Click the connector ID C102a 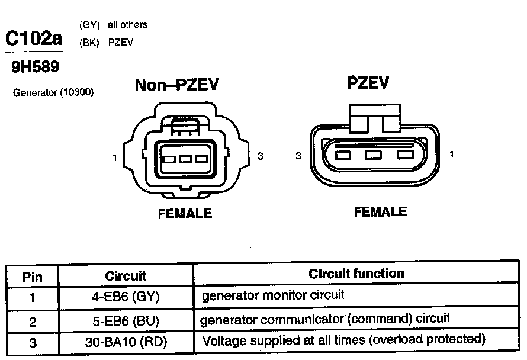34,38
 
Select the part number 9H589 36,67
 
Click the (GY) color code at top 89,25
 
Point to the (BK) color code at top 89,43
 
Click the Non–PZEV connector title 177,85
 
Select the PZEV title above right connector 368,83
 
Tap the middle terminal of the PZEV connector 372,156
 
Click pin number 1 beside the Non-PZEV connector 114,157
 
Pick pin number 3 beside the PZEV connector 298,156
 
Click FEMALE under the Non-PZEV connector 185,214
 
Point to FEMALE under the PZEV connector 380,211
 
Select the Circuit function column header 356,274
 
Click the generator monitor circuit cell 273,295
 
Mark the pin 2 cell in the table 33,322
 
